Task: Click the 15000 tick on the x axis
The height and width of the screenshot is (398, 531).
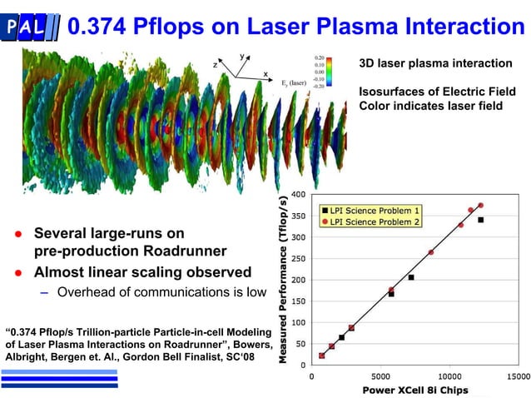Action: click(x=518, y=376)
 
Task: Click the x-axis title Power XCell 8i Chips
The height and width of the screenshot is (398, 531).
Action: click(x=414, y=390)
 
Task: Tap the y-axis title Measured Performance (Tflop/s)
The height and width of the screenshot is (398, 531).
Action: click(x=284, y=279)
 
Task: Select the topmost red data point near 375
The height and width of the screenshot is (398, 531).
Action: click(x=481, y=205)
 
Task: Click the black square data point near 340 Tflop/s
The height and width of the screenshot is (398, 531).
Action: click(x=481, y=220)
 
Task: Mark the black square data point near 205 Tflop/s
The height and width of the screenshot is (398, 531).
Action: click(x=411, y=277)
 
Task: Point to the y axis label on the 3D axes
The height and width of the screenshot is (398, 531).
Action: click(x=242, y=57)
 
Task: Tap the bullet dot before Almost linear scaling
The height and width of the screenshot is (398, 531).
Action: click(x=15, y=272)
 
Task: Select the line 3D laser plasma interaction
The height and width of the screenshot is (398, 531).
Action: click(x=435, y=63)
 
